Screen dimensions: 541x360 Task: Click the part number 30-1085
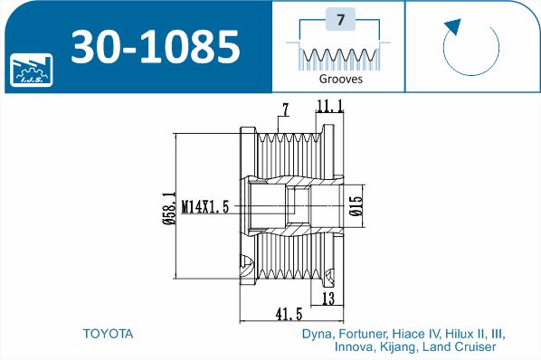[x=155, y=46]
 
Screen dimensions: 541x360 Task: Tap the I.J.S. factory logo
[x=31, y=70]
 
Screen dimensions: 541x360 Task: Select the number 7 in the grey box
[x=340, y=19]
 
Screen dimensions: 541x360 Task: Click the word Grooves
[x=340, y=79]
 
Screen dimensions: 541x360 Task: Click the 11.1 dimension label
[x=329, y=106]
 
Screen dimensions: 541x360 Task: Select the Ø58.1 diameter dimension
[x=169, y=208]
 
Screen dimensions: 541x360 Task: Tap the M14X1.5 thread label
[x=205, y=207]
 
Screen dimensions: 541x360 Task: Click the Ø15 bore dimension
[x=356, y=206]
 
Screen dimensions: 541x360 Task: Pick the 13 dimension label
[x=328, y=298]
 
